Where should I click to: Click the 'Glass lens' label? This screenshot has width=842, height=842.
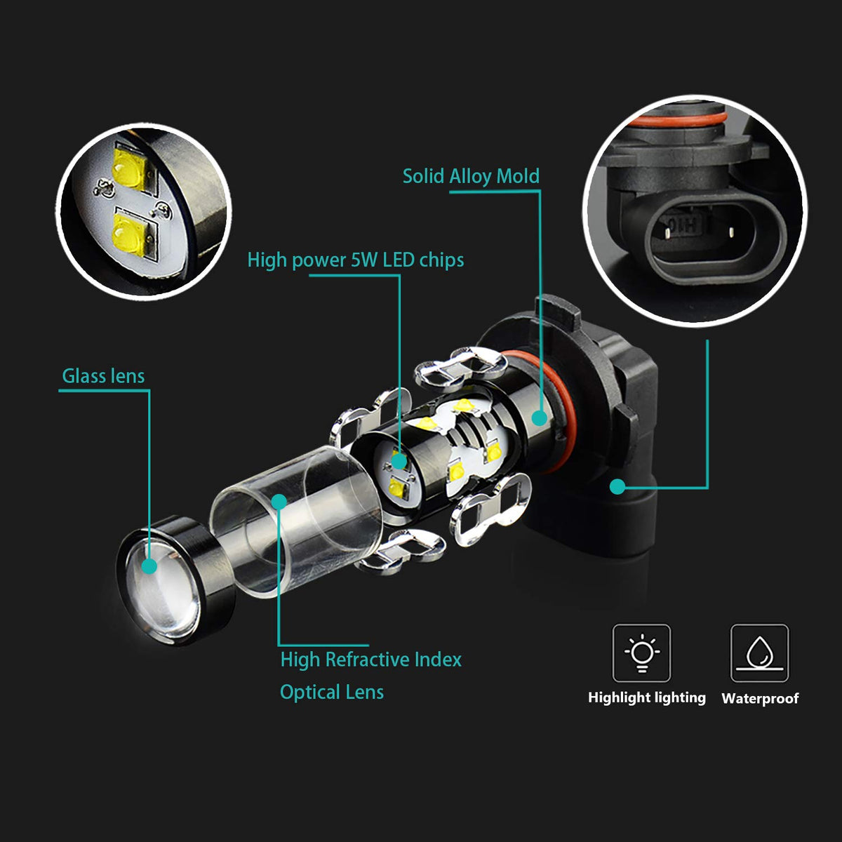103,376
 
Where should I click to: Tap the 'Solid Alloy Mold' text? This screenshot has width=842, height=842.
471,177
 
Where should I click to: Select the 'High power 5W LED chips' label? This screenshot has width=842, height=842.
356,260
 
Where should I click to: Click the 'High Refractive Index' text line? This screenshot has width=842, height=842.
371,660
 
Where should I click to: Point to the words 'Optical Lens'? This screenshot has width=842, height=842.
332,692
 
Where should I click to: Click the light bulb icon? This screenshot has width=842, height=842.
641,653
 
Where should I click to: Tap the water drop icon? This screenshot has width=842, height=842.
760,653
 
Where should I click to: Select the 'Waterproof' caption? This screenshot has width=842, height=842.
760,698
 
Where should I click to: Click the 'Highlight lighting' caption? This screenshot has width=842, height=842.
647,697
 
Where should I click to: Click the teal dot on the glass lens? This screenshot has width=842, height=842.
149,566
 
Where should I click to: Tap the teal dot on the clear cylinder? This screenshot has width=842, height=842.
279,501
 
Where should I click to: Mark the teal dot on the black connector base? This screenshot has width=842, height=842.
617,486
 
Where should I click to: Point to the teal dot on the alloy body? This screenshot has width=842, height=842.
540,418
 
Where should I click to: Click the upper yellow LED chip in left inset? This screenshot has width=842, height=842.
130,169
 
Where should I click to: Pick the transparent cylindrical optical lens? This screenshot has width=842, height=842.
296,522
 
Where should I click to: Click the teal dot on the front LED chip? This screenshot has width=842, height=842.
399,461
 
